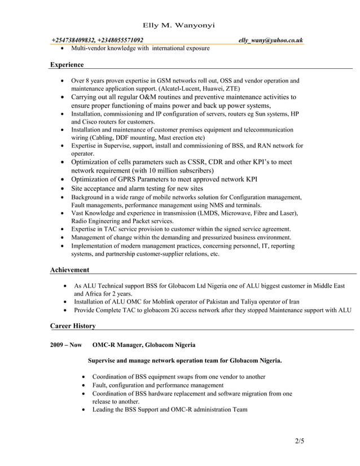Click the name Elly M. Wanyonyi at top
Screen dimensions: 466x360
178,26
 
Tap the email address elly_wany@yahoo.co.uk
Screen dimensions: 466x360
270,40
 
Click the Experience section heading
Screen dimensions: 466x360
67,65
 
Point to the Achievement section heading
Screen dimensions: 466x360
69,270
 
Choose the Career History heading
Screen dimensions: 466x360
73,326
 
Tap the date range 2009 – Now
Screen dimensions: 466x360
65,344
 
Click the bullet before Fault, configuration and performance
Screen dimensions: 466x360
84,385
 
